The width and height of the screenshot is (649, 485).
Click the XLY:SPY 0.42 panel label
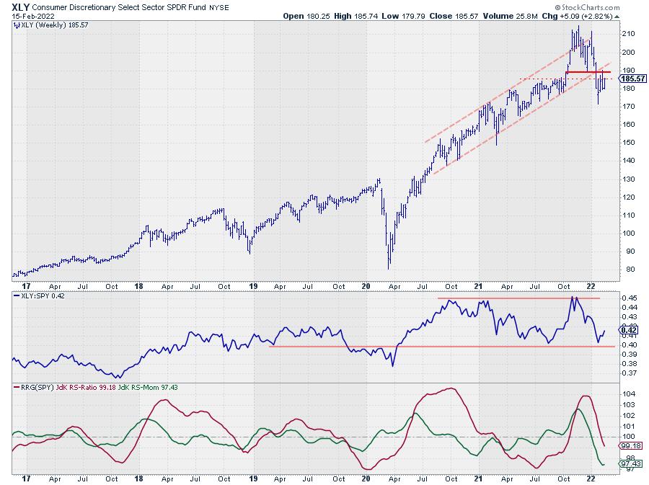[x=40, y=295]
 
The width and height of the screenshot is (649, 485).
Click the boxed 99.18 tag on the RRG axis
[x=628, y=445]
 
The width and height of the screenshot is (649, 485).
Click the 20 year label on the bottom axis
[x=366, y=478]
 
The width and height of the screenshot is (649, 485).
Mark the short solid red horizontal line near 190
[x=588, y=72]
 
